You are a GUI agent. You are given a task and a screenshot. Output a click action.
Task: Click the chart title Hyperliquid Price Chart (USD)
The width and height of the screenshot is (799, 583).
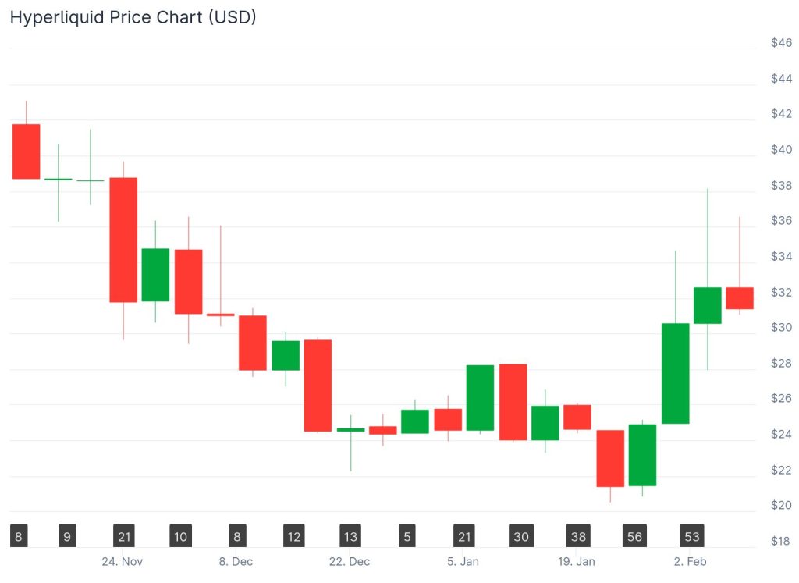(x=133, y=16)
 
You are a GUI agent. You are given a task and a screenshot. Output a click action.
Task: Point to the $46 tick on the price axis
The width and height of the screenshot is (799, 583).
(x=781, y=43)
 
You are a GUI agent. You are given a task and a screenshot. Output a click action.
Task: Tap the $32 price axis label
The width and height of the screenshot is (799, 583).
(x=781, y=293)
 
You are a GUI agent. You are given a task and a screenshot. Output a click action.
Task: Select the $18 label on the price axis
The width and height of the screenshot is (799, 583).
(x=781, y=542)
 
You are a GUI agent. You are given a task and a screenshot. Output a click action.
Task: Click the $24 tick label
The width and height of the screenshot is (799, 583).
(x=781, y=435)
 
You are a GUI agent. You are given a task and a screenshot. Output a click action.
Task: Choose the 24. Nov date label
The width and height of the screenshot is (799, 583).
(x=122, y=562)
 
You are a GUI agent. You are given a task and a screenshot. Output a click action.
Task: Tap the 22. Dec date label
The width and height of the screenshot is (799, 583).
(x=349, y=562)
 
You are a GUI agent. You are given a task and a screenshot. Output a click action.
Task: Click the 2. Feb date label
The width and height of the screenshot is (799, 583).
(x=690, y=562)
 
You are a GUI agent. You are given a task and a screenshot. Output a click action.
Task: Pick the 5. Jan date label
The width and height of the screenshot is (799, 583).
(x=463, y=562)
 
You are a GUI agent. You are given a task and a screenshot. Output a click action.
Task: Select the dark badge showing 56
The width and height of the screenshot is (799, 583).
(x=634, y=537)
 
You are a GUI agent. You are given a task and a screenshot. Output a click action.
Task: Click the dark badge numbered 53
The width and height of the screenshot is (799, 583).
(x=691, y=537)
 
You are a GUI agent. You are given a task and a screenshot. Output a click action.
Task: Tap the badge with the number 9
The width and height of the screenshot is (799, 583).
(x=68, y=537)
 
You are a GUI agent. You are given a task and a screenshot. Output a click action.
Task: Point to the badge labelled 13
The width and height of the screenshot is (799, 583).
(x=350, y=537)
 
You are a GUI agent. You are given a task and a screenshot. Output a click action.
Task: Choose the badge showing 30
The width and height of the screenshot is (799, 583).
(x=520, y=537)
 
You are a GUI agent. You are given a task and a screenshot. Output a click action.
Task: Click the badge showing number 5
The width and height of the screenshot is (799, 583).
(x=407, y=537)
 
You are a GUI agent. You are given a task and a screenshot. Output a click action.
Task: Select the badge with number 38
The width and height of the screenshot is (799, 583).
(x=577, y=537)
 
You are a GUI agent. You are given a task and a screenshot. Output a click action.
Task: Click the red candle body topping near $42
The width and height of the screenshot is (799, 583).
(x=26, y=151)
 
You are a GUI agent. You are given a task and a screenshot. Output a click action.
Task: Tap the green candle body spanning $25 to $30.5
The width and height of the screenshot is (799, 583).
(x=675, y=373)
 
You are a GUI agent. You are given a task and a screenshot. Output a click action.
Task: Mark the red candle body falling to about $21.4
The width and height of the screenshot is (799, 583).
(x=610, y=458)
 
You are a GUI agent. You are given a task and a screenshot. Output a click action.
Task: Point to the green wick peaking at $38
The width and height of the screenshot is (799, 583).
(x=708, y=234)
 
